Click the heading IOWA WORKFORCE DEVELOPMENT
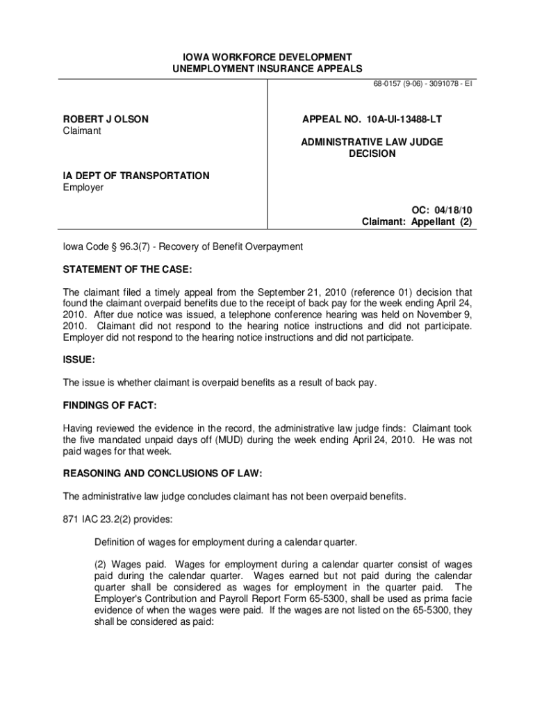click(x=267, y=57)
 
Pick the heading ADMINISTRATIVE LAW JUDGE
click(x=372, y=142)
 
